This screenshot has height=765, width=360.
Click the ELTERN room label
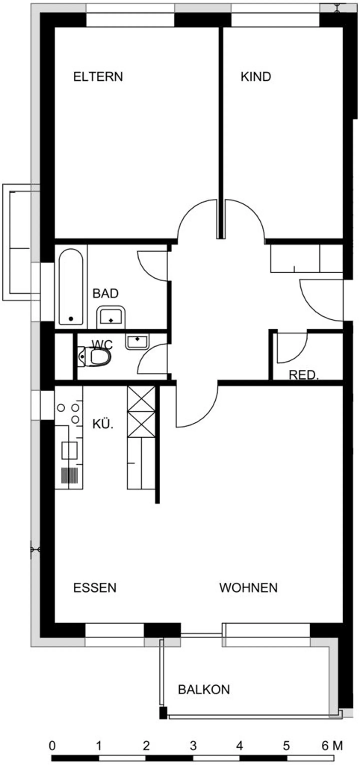(98, 77)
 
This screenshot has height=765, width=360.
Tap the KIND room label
(256, 77)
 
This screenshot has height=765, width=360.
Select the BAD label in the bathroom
(106, 293)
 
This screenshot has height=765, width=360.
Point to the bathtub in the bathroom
(71, 287)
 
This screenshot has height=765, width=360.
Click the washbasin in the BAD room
(111, 317)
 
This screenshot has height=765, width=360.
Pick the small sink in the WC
(137, 342)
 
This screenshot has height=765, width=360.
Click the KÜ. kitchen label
(103, 424)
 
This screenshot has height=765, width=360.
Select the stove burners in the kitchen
(69, 412)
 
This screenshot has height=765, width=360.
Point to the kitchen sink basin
(69, 450)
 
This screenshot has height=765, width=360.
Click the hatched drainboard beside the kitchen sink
(69, 475)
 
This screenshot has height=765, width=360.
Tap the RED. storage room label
(303, 375)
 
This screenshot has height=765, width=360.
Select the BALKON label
(204, 689)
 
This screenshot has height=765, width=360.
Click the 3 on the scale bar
(193, 746)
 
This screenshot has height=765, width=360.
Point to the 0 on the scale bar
(52, 746)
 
